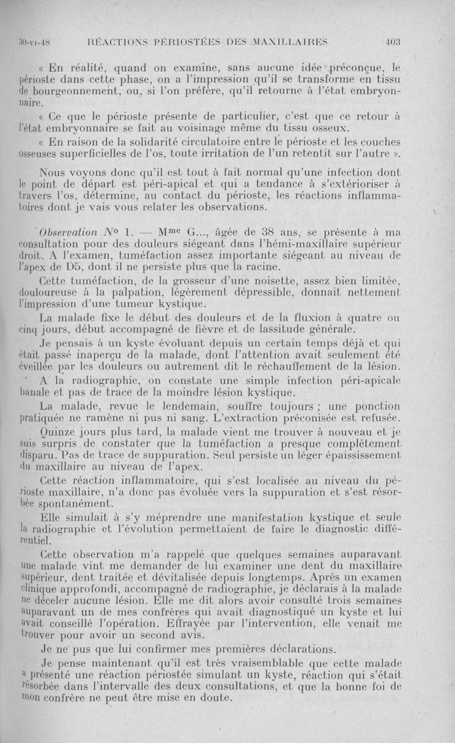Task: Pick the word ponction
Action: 380,406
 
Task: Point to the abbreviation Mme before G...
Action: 157,232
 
